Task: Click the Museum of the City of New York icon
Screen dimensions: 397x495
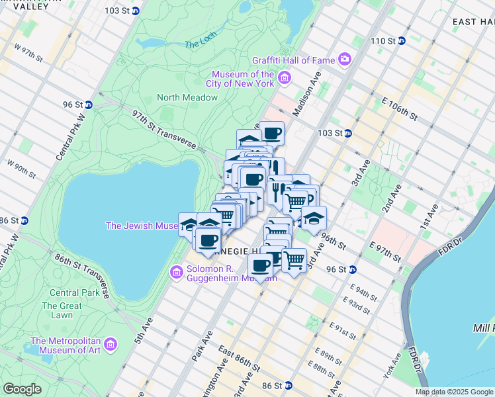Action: point(285,79)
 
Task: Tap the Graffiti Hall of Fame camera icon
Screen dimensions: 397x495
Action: point(345,60)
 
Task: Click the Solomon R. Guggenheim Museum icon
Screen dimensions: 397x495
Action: point(176,272)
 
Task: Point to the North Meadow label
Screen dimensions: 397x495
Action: point(187,97)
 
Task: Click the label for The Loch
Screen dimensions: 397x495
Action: point(201,44)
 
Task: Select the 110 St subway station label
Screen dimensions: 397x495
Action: point(383,41)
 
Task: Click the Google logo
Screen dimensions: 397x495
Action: point(22,389)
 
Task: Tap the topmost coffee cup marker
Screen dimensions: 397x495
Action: point(271,133)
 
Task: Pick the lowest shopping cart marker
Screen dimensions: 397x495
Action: point(294,259)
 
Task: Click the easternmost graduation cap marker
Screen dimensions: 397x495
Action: point(314,218)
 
